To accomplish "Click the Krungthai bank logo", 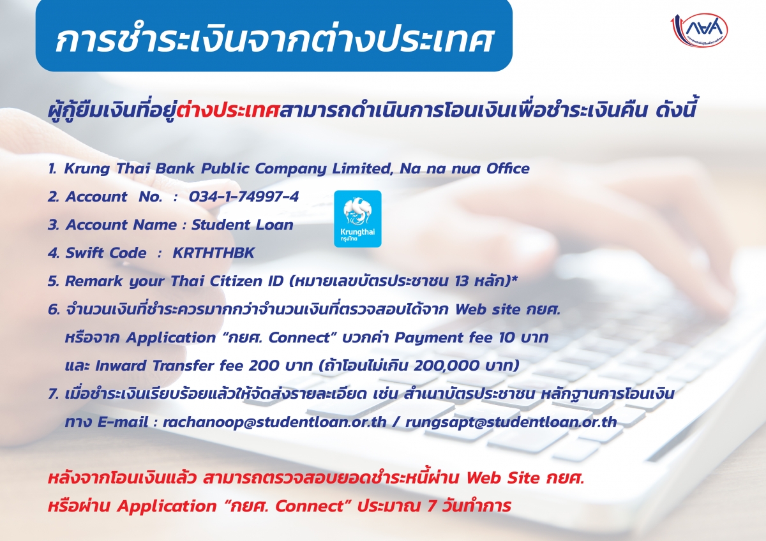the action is (357, 219).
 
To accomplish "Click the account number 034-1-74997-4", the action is (244, 196).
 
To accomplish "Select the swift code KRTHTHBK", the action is (214, 253).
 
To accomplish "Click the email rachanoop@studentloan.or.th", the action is (274, 422).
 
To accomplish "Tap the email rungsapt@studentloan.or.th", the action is (511, 422).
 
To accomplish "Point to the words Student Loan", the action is (242, 225).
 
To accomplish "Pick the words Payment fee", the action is (444, 337).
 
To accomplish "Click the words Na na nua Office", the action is (465, 168).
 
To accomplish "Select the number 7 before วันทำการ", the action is (432, 506).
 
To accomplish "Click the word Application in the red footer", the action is (167, 507).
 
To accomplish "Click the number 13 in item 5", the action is (462, 281).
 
